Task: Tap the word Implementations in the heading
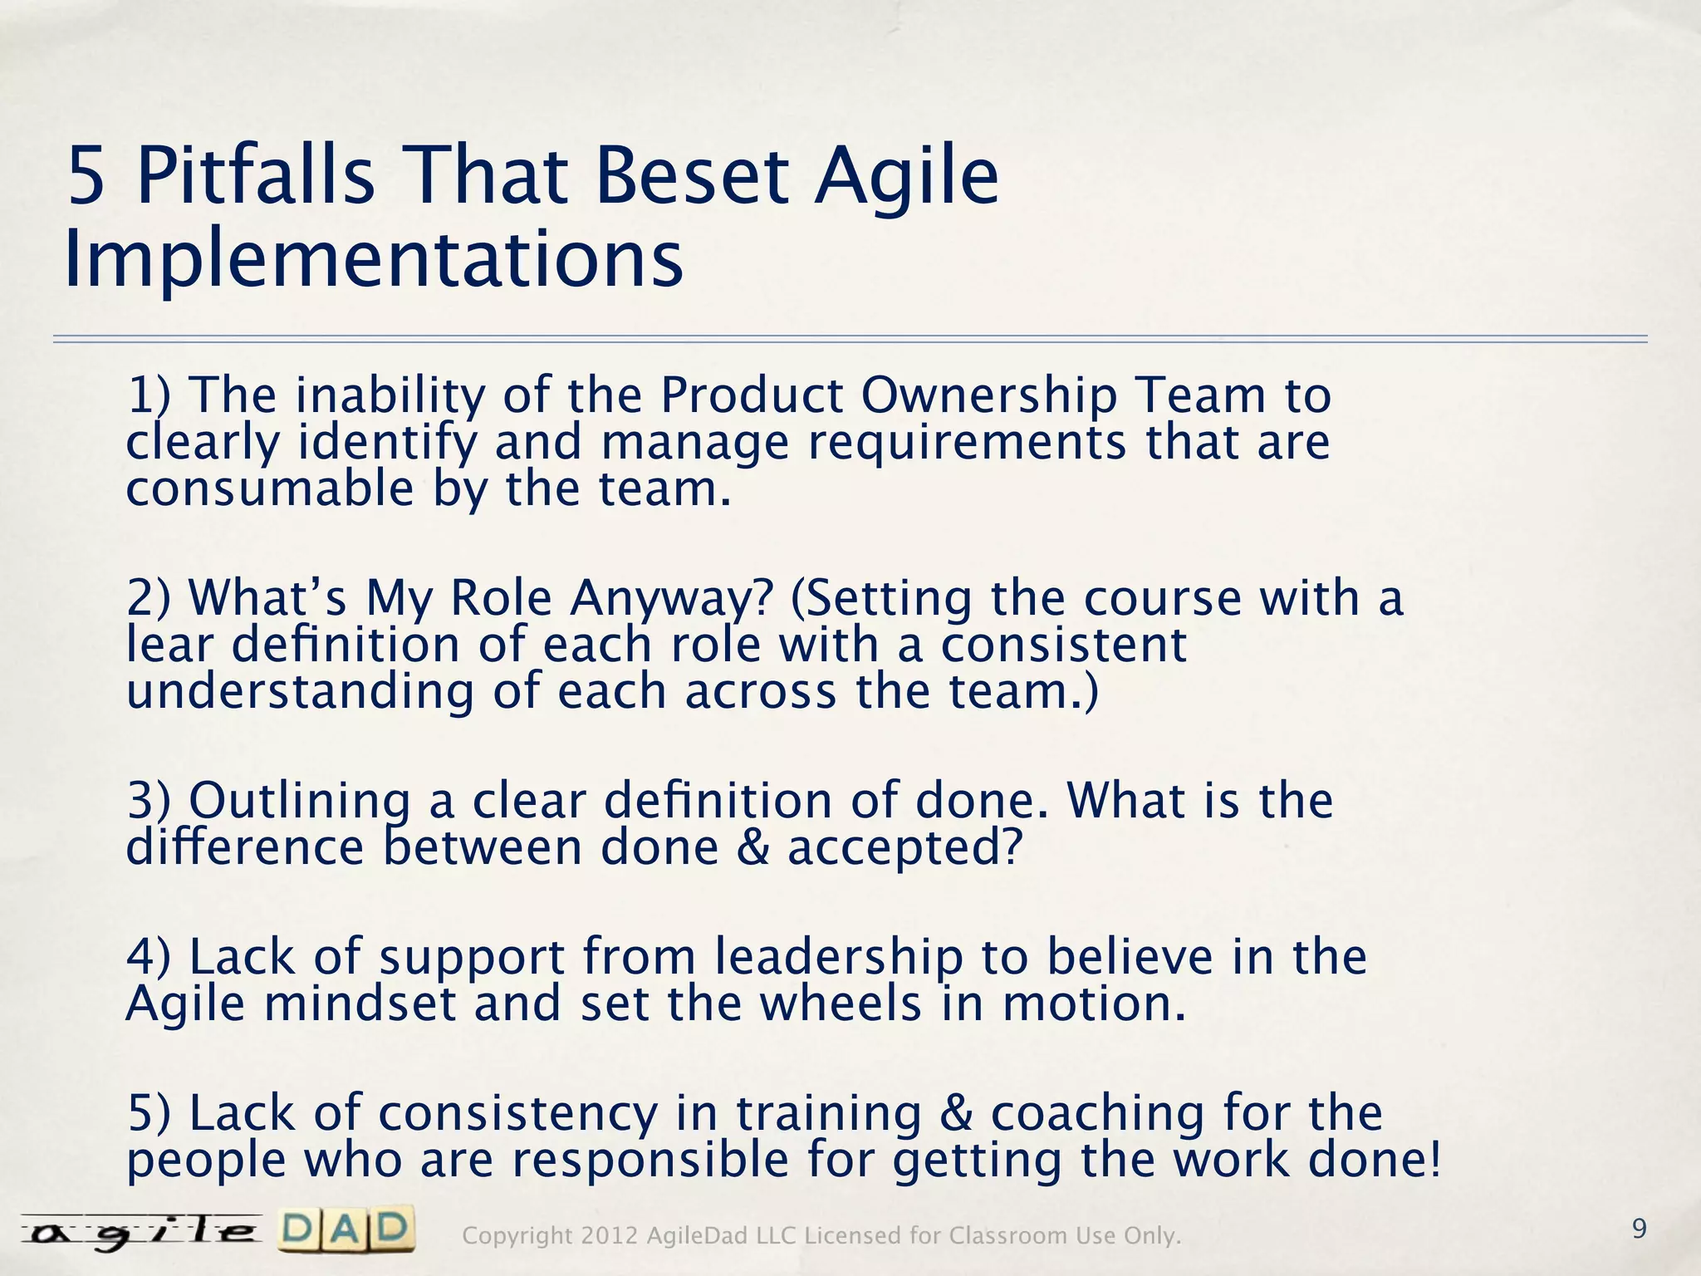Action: tap(373, 260)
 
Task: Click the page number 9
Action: tap(1639, 1229)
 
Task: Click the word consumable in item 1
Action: tap(269, 488)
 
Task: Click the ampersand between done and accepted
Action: tap(752, 848)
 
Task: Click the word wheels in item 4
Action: tap(841, 1004)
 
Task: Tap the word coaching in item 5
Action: tap(1097, 1113)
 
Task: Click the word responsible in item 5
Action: tap(650, 1160)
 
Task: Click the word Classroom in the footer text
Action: tap(1008, 1236)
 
